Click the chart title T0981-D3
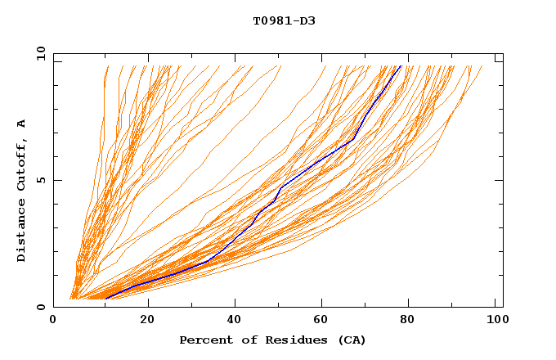[284, 20]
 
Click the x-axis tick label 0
[53, 321]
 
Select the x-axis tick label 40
[235, 321]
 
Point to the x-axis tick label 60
[322, 321]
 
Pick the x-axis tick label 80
[410, 321]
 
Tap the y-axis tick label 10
[41, 53]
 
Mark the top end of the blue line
[400, 66]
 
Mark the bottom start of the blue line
[105, 298]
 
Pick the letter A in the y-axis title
[21, 123]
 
